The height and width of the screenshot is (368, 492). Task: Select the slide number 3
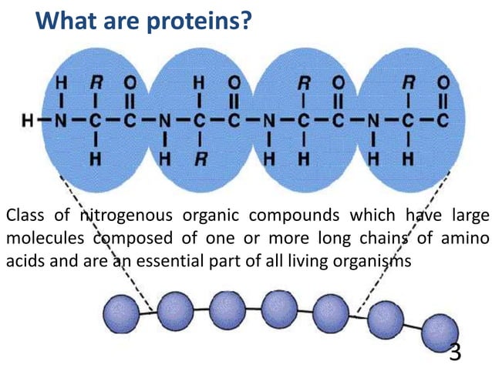pyautogui.click(x=455, y=352)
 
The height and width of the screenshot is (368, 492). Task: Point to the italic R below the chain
pyautogui.click(x=200, y=160)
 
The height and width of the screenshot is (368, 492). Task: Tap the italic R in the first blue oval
pyautogui.click(x=96, y=81)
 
